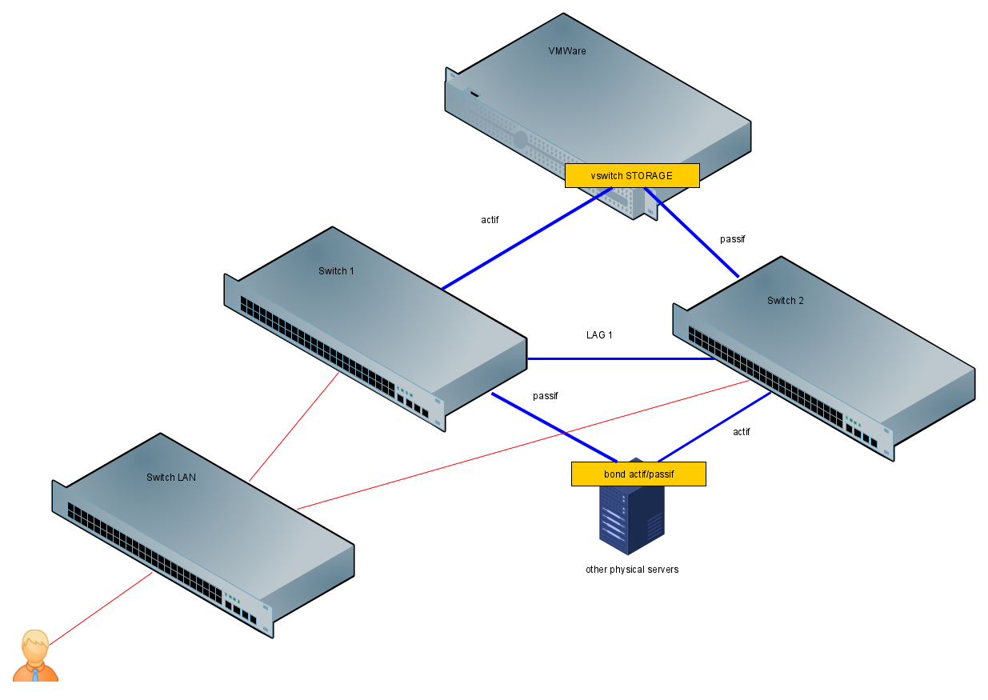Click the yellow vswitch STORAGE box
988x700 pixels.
[x=631, y=175]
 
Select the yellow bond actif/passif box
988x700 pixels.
[x=638, y=474]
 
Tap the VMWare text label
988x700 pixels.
[x=566, y=51]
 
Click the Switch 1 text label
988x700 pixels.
[x=336, y=271]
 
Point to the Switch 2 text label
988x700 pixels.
[x=785, y=301]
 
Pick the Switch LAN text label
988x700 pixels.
[x=170, y=478]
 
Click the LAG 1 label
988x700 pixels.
[x=599, y=335]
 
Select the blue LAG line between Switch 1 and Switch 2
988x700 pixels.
[x=620, y=358]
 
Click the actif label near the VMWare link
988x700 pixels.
[x=490, y=220]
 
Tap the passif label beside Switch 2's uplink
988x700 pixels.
[x=732, y=239]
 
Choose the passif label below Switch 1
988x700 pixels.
[x=545, y=396]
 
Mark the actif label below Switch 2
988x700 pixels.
[x=741, y=432]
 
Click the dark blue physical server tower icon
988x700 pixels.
[x=631, y=516]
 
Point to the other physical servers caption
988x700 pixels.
[x=631, y=570]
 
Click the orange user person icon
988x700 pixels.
[x=35, y=657]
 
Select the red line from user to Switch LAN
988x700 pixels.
[x=100, y=608]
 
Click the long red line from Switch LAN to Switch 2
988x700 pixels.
[x=520, y=445]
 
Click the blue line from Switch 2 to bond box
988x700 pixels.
[x=714, y=427]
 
